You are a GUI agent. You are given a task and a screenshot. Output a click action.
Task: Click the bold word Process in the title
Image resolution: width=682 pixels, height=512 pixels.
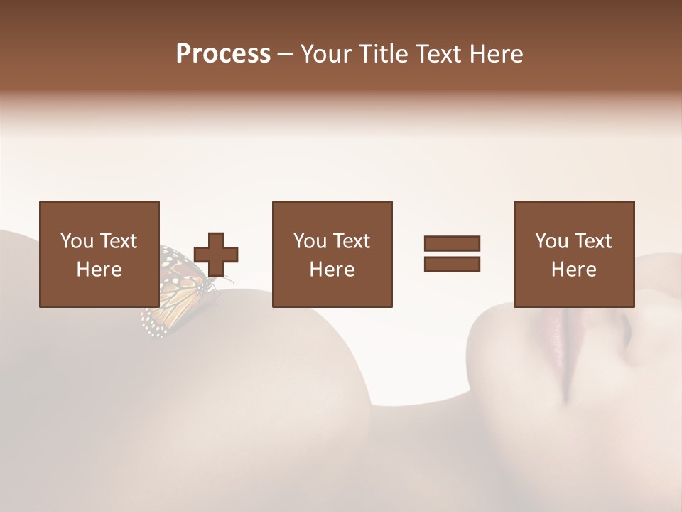point(223,54)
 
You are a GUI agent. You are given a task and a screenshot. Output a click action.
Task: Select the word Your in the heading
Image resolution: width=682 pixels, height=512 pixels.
point(328,54)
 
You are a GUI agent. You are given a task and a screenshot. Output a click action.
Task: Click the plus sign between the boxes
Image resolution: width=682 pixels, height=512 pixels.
point(216,254)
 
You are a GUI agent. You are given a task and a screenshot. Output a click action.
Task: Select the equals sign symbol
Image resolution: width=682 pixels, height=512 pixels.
point(452,254)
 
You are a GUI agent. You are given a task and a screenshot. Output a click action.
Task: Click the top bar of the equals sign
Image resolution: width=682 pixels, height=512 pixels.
point(452,243)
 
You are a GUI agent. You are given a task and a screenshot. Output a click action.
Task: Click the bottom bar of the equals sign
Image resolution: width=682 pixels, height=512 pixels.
point(452,265)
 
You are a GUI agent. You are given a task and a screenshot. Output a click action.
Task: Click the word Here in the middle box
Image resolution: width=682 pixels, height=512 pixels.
point(332,270)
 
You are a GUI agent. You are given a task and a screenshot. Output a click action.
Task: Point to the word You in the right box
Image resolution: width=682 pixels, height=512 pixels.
point(551,241)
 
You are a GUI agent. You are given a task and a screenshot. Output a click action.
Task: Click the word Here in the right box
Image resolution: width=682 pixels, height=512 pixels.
point(573,270)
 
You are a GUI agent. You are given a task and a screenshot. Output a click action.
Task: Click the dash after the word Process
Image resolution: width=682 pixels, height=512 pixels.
point(286,55)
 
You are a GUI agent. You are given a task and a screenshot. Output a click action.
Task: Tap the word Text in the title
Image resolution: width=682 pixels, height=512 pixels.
point(438,54)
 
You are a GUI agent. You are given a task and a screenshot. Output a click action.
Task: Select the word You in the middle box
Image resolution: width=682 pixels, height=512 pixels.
point(310,241)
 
